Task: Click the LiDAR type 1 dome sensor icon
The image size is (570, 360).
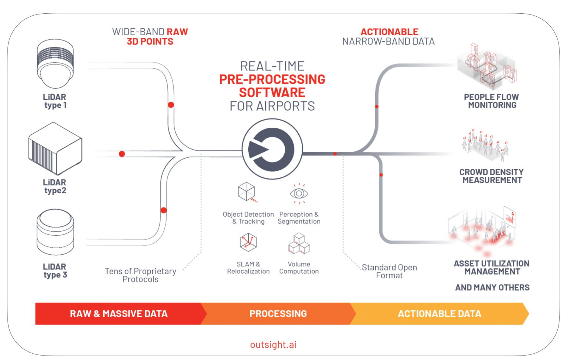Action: [x=55, y=64]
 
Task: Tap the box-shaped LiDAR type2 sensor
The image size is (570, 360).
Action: [x=55, y=148]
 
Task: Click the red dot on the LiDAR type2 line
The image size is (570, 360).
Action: [x=122, y=154]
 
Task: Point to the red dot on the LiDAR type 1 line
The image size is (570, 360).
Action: [x=171, y=105]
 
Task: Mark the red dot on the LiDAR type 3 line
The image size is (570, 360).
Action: [x=164, y=210]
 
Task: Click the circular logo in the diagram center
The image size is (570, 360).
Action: [x=272, y=149]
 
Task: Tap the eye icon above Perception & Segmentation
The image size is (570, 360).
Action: [x=299, y=193]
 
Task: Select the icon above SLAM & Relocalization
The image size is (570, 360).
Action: [x=248, y=242]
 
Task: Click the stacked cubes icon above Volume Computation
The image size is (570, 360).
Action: [x=299, y=244]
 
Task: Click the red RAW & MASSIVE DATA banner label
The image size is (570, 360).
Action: [x=119, y=314]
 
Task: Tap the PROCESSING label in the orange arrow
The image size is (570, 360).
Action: [x=278, y=314]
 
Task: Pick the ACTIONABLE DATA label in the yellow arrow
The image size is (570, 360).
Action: [x=439, y=314]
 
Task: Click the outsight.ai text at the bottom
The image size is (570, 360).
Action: [x=273, y=344]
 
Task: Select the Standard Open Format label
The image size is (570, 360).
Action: [x=389, y=271]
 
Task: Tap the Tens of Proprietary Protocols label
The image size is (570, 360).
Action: [x=140, y=275]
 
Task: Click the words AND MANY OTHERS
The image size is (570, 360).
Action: [x=492, y=287]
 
